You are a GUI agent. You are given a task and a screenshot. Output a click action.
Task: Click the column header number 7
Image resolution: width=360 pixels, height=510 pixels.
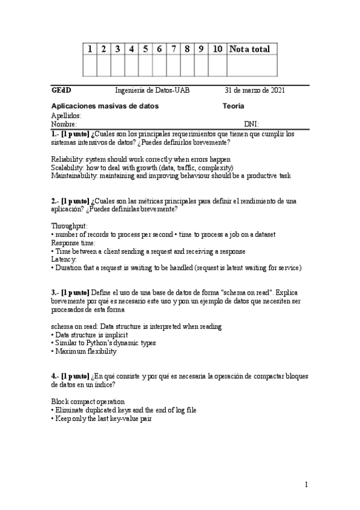pyautogui.click(x=173, y=49)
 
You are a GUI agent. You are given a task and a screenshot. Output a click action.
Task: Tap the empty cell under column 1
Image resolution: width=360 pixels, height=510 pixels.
pyautogui.click(x=90, y=66)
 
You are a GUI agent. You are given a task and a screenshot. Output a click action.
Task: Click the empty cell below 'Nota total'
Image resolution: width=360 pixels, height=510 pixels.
pyautogui.click(x=251, y=66)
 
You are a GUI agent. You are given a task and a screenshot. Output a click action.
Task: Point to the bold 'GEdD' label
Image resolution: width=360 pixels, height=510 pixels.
pyautogui.click(x=61, y=91)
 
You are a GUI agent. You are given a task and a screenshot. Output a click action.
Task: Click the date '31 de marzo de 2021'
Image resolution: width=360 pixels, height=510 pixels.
pyautogui.click(x=255, y=91)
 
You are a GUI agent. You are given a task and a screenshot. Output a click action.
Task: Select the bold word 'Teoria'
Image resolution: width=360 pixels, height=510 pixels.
pyautogui.click(x=233, y=106)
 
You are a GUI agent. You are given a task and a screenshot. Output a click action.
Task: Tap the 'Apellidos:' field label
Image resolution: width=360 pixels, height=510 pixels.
pyautogui.click(x=67, y=115)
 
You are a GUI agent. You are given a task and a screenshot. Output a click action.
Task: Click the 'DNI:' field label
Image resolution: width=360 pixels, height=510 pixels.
pyautogui.click(x=251, y=124)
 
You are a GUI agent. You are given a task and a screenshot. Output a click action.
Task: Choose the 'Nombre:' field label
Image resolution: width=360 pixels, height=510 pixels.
pyautogui.click(x=64, y=124)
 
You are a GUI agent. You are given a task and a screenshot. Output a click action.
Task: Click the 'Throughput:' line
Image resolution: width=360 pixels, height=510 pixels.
pyautogui.click(x=69, y=226)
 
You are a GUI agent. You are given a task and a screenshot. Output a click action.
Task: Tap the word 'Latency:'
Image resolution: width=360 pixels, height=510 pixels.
pyautogui.click(x=64, y=259)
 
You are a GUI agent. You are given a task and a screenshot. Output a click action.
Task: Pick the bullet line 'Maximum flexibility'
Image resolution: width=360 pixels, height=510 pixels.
pyautogui.click(x=86, y=351)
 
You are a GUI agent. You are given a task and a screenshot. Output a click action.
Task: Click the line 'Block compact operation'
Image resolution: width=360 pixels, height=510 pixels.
pyautogui.click(x=88, y=401)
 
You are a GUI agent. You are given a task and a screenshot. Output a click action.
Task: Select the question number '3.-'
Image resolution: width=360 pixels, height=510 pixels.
pyautogui.click(x=55, y=292)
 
